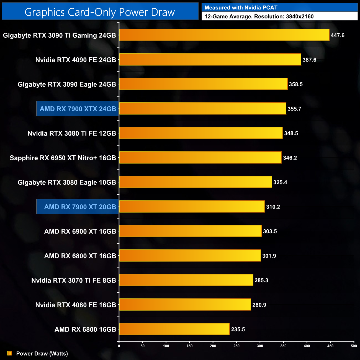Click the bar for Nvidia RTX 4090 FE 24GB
[x=210, y=60]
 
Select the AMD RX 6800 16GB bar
[x=174, y=329]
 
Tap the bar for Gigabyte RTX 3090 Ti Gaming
[x=224, y=35]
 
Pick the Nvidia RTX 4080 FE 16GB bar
[x=185, y=305]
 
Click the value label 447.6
[x=337, y=35]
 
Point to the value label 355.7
[x=294, y=109]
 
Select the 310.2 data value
[x=273, y=207]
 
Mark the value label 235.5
[x=238, y=329]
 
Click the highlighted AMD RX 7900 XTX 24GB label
[x=78, y=109]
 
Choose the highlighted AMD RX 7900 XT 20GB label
[x=80, y=207]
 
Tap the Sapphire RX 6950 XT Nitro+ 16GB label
[x=63, y=158]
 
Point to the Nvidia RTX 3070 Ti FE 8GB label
[x=74, y=281]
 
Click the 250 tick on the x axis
[x=236, y=346]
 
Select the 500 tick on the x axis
[x=354, y=346]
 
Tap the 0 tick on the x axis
[x=119, y=346]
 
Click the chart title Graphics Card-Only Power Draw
[x=100, y=12]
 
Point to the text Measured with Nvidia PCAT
[x=241, y=8]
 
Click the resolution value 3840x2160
[x=300, y=17]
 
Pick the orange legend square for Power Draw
[x=9, y=353]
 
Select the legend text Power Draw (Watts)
[x=42, y=354]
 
